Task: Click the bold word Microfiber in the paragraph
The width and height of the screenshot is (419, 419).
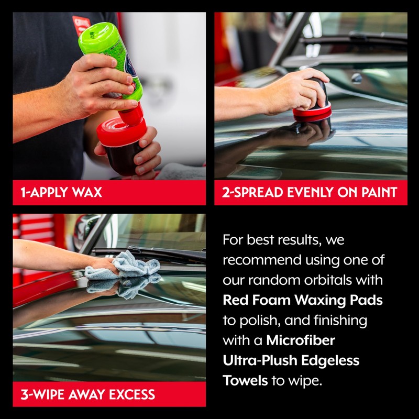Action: point(301,340)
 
